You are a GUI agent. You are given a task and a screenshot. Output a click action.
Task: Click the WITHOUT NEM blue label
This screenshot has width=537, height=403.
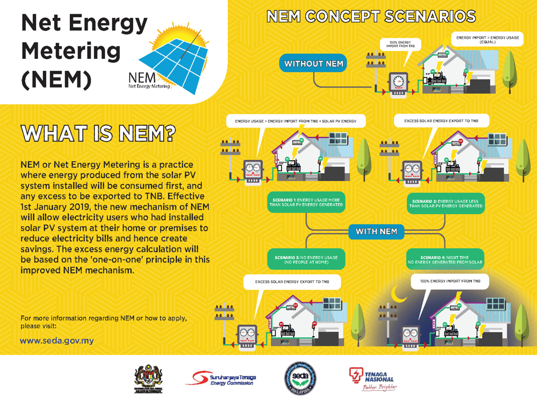(314, 64)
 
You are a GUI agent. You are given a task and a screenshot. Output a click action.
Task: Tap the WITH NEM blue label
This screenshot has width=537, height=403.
(376, 231)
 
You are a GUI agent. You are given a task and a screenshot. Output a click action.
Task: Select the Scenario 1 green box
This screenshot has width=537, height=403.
(306, 203)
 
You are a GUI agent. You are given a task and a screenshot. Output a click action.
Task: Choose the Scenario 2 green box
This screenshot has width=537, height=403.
(445, 203)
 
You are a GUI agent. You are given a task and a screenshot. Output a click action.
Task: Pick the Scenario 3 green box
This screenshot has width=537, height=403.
(306, 259)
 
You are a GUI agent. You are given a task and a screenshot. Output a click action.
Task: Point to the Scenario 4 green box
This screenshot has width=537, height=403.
(445, 259)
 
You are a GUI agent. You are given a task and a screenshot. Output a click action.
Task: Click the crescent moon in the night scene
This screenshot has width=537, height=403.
(401, 296)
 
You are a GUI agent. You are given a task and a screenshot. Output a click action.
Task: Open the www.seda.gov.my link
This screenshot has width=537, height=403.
(57, 341)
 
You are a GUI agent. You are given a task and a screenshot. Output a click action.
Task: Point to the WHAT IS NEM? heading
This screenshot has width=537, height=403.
(98, 133)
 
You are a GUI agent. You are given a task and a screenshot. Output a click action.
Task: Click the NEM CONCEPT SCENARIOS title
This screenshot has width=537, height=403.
(371, 17)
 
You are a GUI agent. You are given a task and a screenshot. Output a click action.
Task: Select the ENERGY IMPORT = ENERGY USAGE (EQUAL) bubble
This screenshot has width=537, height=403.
(487, 39)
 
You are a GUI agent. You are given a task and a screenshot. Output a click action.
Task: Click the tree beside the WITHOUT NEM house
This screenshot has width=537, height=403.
(509, 71)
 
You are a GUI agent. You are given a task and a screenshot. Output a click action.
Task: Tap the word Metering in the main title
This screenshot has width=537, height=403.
(71, 51)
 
